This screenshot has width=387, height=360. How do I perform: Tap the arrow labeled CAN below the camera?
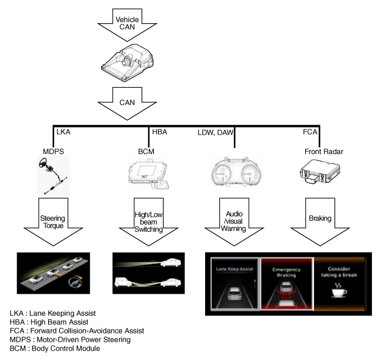(127, 103)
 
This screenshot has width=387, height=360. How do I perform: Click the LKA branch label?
(62, 133)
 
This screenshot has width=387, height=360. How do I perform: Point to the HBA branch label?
(160, 133)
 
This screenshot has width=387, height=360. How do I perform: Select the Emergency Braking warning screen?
(286, 283)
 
